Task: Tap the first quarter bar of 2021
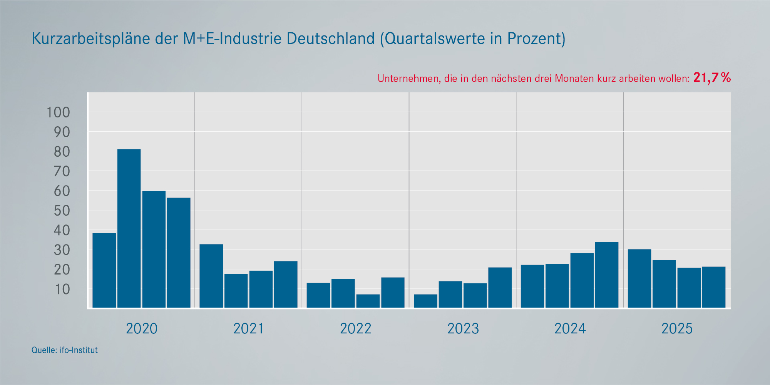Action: pos(211,276)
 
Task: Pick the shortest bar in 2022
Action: pos(368,301)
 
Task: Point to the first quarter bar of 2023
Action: pos(425,301)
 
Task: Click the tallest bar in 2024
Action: pos(606,275)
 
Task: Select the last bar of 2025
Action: pos(713,287)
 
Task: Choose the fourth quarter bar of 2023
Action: pos(500,288)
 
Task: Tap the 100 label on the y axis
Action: pos(58,112)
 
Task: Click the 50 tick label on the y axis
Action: pos(62,211)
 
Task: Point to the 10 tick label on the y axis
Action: pos(62,290)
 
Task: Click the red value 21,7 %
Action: pos(712,78)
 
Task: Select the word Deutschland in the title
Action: pos(330,39)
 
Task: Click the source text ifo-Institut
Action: pos(79,350)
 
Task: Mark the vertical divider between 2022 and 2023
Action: pos(409,200)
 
